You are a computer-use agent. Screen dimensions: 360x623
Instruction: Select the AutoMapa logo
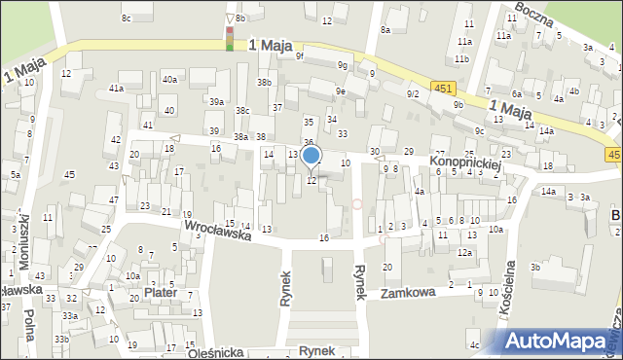click(560, 342)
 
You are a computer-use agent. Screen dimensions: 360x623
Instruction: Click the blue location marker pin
click(311, 156)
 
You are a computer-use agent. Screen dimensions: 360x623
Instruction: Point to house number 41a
click(116, 89)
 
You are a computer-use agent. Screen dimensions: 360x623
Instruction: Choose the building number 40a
click(169, 80)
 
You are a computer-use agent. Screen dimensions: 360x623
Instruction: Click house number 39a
click(216, 101)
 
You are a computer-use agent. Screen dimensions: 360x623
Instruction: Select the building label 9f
click(300, 56)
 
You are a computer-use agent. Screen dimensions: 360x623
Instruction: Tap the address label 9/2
click(413, 93)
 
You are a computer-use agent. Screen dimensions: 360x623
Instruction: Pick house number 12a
click(465, 253)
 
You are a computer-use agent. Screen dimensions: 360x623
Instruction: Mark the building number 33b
click(61, 339)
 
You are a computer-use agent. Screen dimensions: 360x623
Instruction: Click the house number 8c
click(126, 18)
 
